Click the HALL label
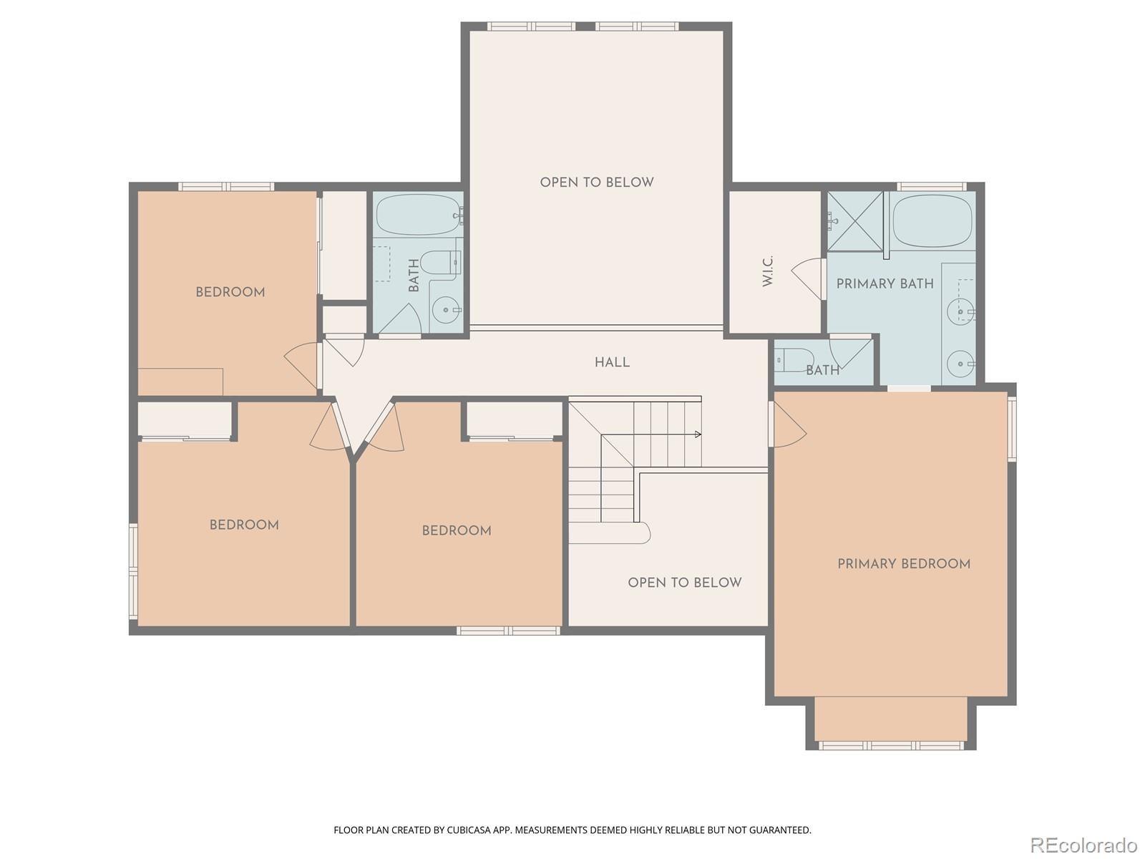(612, 362)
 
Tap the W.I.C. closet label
(768, 271)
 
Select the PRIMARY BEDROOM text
(904, 564)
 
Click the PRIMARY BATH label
(885, 283)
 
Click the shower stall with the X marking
(856, 220)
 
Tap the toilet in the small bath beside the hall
(794, 359)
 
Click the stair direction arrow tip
(698, 435)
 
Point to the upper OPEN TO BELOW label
(597, 183)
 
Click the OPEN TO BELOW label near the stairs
(684, 583)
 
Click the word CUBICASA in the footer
(467, 830)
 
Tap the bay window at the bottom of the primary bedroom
(891, 744)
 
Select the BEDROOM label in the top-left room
(230, 292)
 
